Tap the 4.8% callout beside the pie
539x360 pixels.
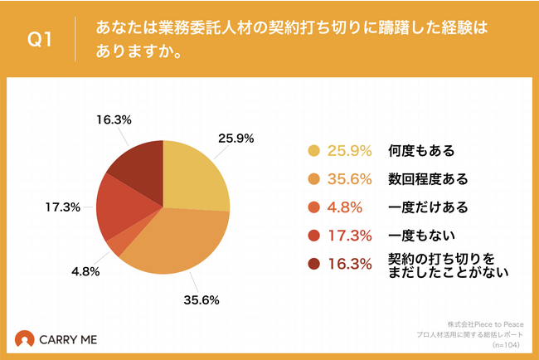85,270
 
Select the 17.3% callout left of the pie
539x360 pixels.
64,206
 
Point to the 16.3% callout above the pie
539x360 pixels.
114,119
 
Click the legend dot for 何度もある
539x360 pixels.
313,151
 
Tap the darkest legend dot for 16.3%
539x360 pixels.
313,264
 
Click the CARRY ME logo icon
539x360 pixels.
26,340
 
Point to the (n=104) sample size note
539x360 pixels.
508,344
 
